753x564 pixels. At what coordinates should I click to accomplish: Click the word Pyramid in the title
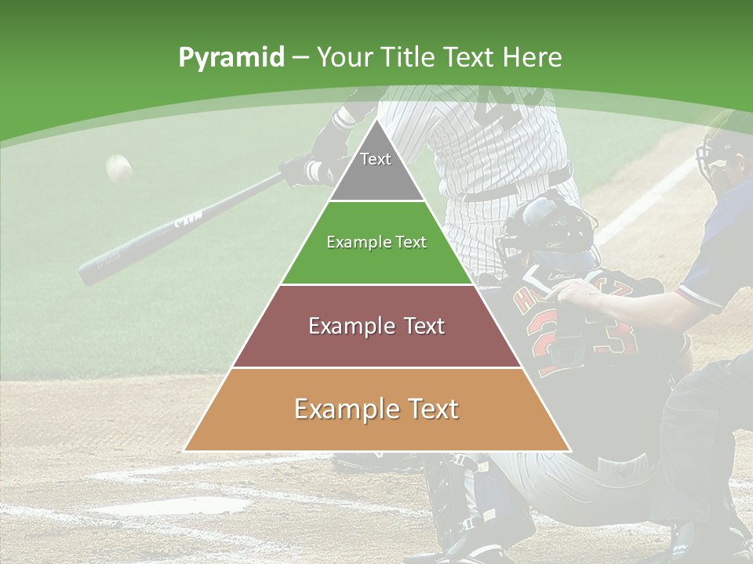click(x=231, y=58)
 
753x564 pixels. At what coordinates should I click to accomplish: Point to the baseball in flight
click(x=118, y=168)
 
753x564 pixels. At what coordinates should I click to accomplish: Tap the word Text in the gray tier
click(x=376, y=159)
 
